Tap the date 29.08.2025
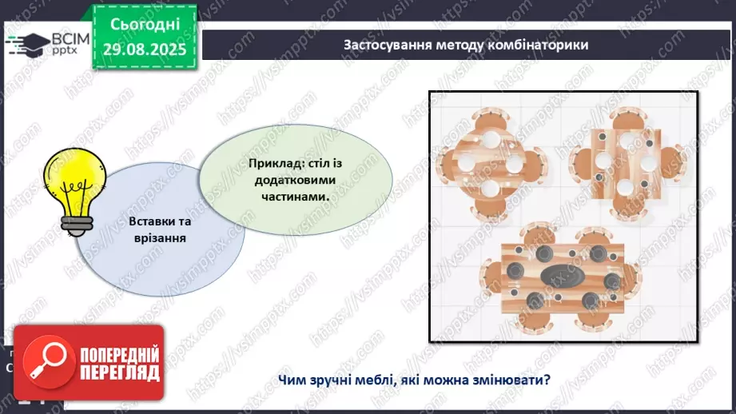145,50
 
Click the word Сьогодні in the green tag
145,24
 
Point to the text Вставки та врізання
160,229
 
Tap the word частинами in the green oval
294,197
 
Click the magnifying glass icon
48,362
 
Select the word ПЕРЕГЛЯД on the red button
120,373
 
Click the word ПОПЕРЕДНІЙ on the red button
120,354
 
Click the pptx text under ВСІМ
65,50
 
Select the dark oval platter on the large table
562,276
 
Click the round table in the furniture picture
491,162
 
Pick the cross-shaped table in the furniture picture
627,163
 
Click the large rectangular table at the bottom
562,278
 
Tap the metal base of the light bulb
77,225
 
